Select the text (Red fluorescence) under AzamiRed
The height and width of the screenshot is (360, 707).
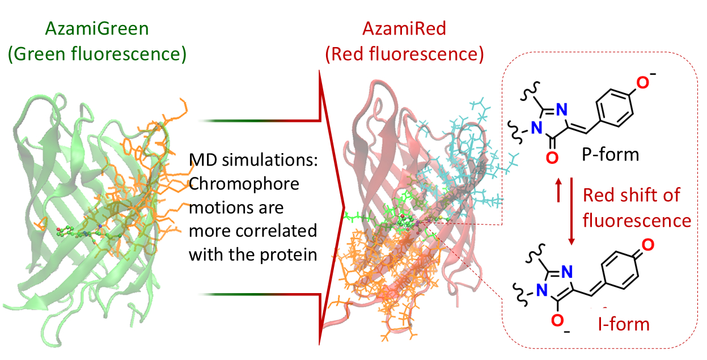[x=404, y=54]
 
